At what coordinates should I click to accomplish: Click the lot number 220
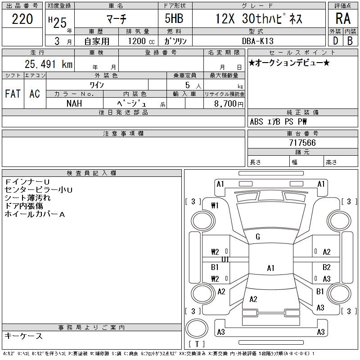pos(22,19)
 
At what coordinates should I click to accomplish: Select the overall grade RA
pos(343,18)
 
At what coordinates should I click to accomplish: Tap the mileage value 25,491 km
pos(49,64)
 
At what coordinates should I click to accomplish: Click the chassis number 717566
pos(302,143)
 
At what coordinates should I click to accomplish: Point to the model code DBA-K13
pos(257,41)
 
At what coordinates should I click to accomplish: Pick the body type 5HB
pos(174,18)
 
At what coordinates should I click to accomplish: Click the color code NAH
pos(74,103)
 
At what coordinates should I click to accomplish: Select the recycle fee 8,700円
pos(229,104)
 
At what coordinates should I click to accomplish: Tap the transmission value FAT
pos(13,94)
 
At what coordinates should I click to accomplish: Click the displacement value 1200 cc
pos(141,41)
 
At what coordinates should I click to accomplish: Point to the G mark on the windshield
pos(258,237)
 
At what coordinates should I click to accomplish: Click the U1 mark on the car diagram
pos(225,260)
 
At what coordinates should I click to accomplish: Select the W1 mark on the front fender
pos(215,205)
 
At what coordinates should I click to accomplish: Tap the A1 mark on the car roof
pos(271,268)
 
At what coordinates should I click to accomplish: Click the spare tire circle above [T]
pos(197,328)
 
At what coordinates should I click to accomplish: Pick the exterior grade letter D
pos(335,41)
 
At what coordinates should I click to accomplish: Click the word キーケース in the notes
pos(23,336)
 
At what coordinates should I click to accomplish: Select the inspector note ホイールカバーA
pos(35,214)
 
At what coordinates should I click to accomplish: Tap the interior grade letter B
pos(350,41)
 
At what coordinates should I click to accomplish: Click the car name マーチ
pos(117,19)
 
